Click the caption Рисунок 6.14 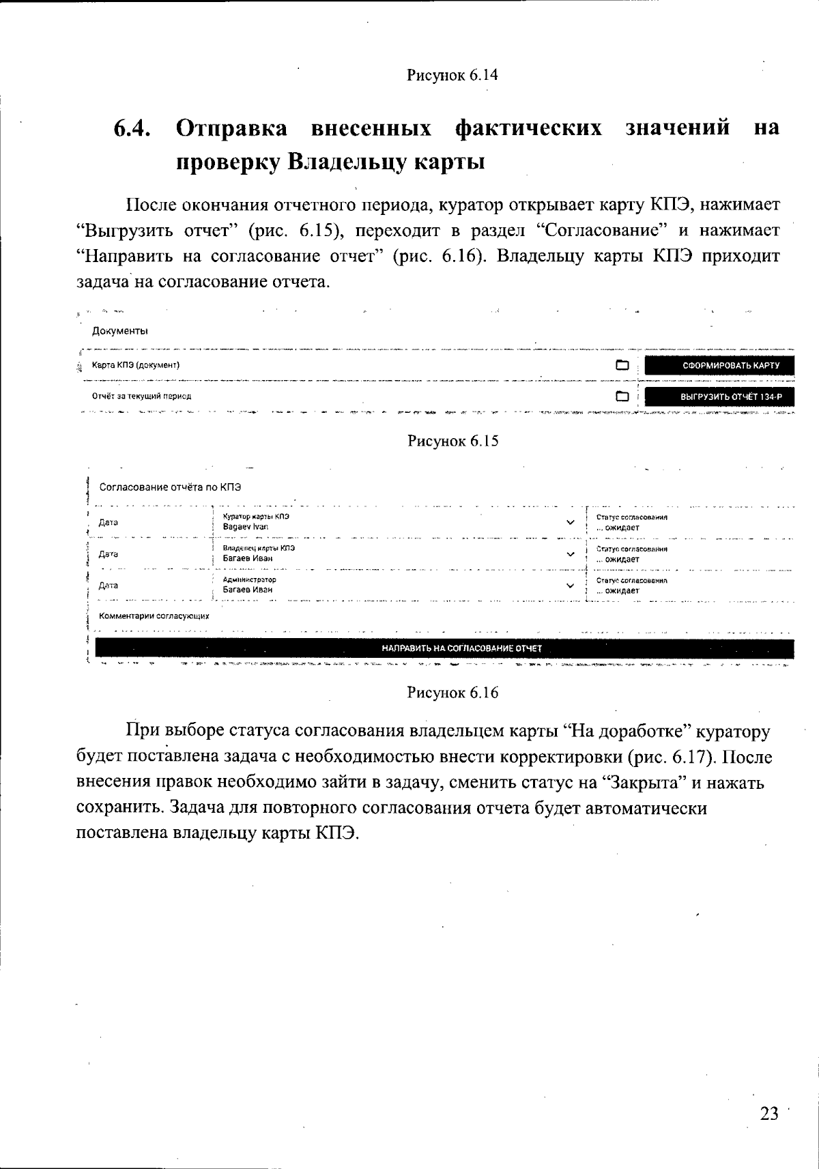point(452,75)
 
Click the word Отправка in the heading point(233,128)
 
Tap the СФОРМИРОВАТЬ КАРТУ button point(719,365)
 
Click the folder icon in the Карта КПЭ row point(622,365)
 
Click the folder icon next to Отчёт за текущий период point(622,396)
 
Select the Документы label point(120,331)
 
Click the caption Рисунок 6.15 point(452,441)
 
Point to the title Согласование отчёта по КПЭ point(170,487)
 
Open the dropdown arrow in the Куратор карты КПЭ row point(571,523)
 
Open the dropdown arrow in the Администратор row point(571,586)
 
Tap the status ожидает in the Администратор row point(621,591)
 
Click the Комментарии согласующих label point(154,616)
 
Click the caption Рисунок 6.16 point(452,693)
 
